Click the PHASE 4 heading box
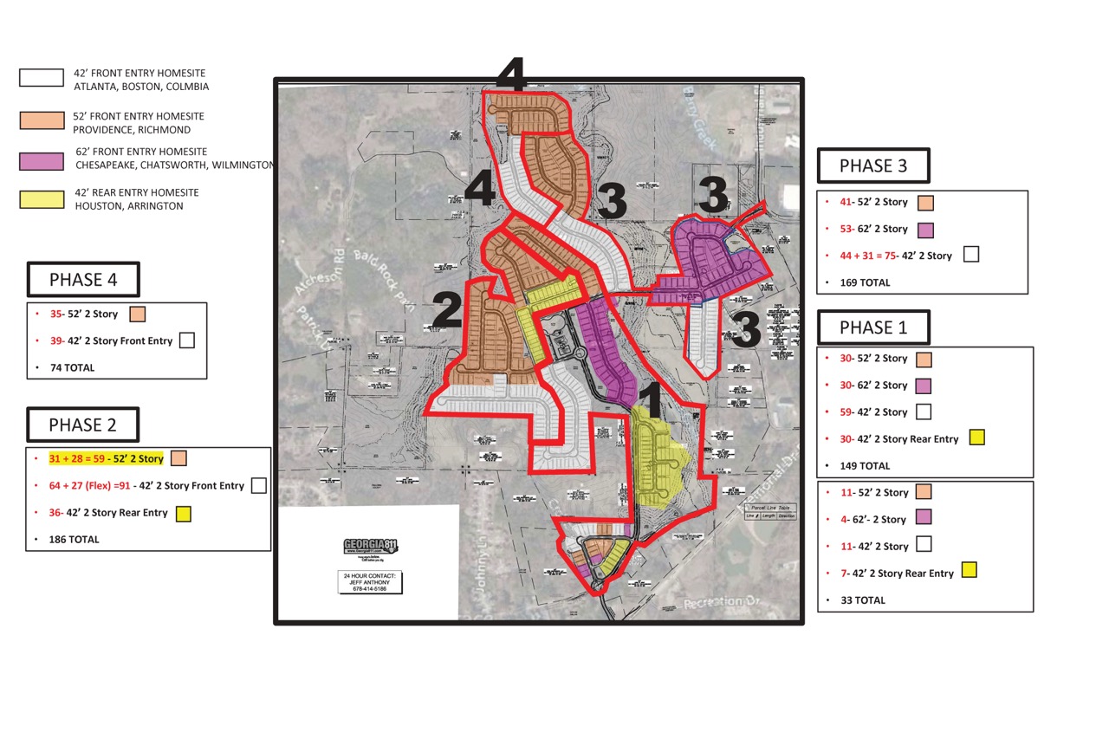point(83,280)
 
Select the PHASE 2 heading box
point(83,425)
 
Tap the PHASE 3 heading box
point(873,165)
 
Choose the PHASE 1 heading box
point(873,327)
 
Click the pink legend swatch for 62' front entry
point(42,160)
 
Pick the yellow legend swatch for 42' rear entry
point(42,199)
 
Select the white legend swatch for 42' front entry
point(42,78)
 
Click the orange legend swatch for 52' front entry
point(42,120)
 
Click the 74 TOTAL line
point(73,367)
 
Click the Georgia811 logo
point(369,548)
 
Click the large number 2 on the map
point(446,311)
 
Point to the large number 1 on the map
point(651,403)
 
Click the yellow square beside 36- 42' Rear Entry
point(183,514)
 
